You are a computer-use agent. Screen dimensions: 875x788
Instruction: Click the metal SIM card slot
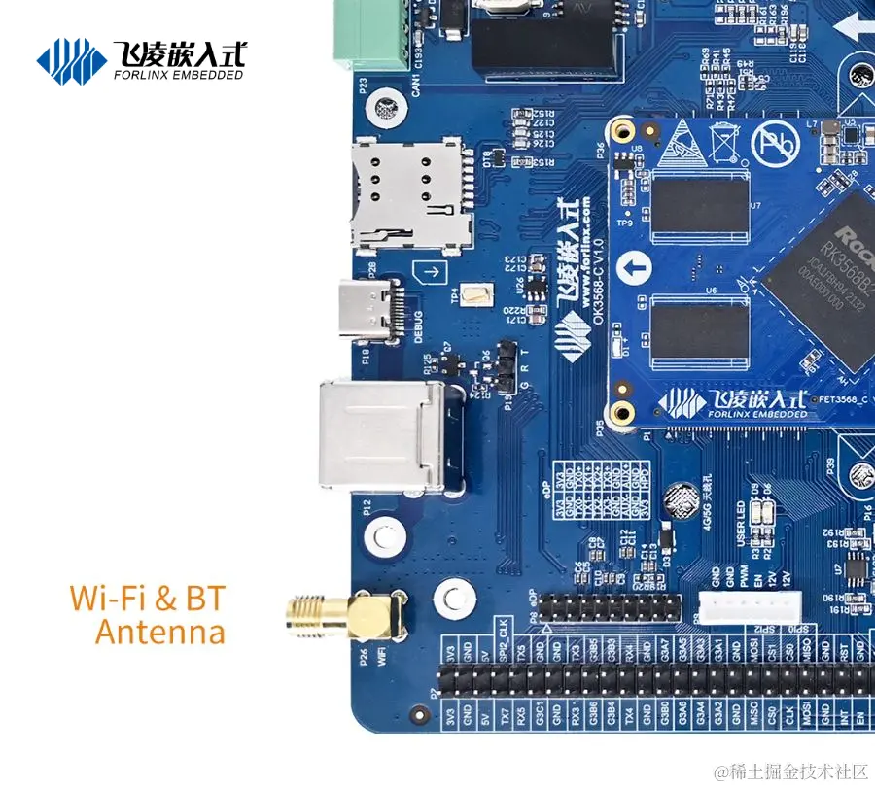pos(410,194)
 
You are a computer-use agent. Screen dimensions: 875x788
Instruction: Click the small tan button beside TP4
pos(476,296)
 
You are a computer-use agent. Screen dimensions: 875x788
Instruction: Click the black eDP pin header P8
pos(610,609)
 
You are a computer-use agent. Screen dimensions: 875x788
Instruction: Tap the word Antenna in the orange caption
pos(160,633)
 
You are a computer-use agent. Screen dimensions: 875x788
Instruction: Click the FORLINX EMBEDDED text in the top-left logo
pos(178,74)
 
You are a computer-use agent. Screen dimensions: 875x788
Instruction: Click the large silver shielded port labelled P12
pos(382,434)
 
